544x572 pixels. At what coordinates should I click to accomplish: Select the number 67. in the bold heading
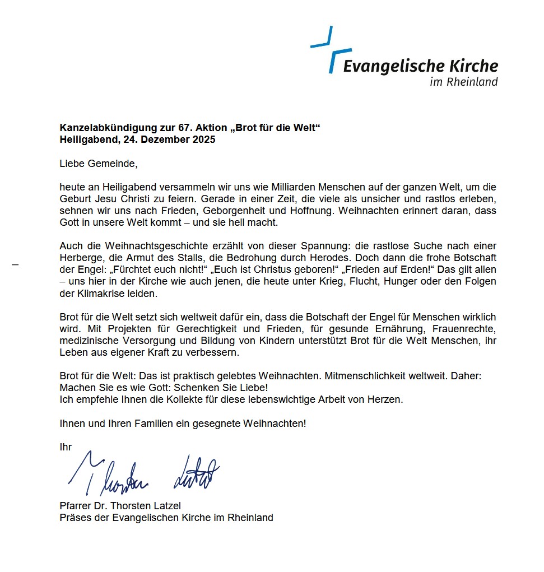[172, 128]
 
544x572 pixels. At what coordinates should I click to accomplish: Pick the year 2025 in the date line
[203, 139]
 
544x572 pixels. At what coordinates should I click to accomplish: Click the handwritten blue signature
[143, 476]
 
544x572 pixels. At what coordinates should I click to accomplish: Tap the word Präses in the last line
[74, 518]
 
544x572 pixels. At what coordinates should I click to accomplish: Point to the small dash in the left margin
[15, 264]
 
